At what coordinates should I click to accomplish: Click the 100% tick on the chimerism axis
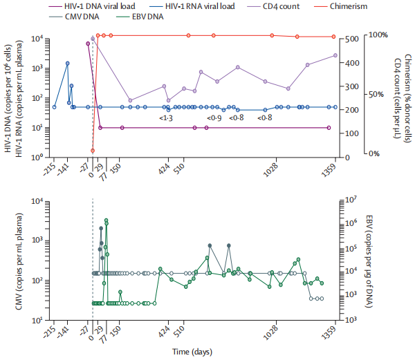click(x=378, y=35)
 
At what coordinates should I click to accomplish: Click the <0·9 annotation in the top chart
click(x=214, y=119)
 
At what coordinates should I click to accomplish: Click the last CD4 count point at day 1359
click(x=335, y=55)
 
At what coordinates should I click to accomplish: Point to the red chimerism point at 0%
click(x=93, y=151)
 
